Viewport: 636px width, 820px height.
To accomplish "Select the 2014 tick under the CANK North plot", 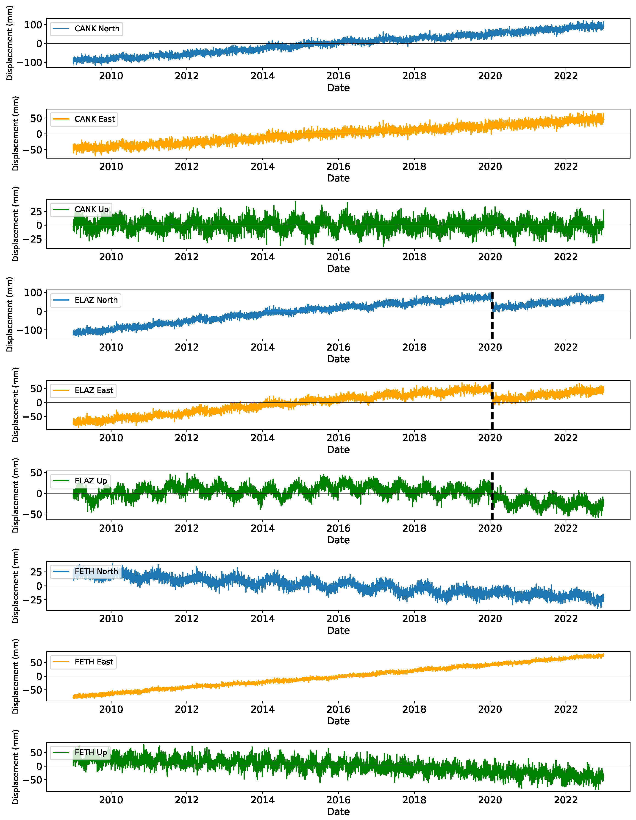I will click(262, 76).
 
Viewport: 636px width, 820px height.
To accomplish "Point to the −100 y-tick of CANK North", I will click(29, 62).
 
